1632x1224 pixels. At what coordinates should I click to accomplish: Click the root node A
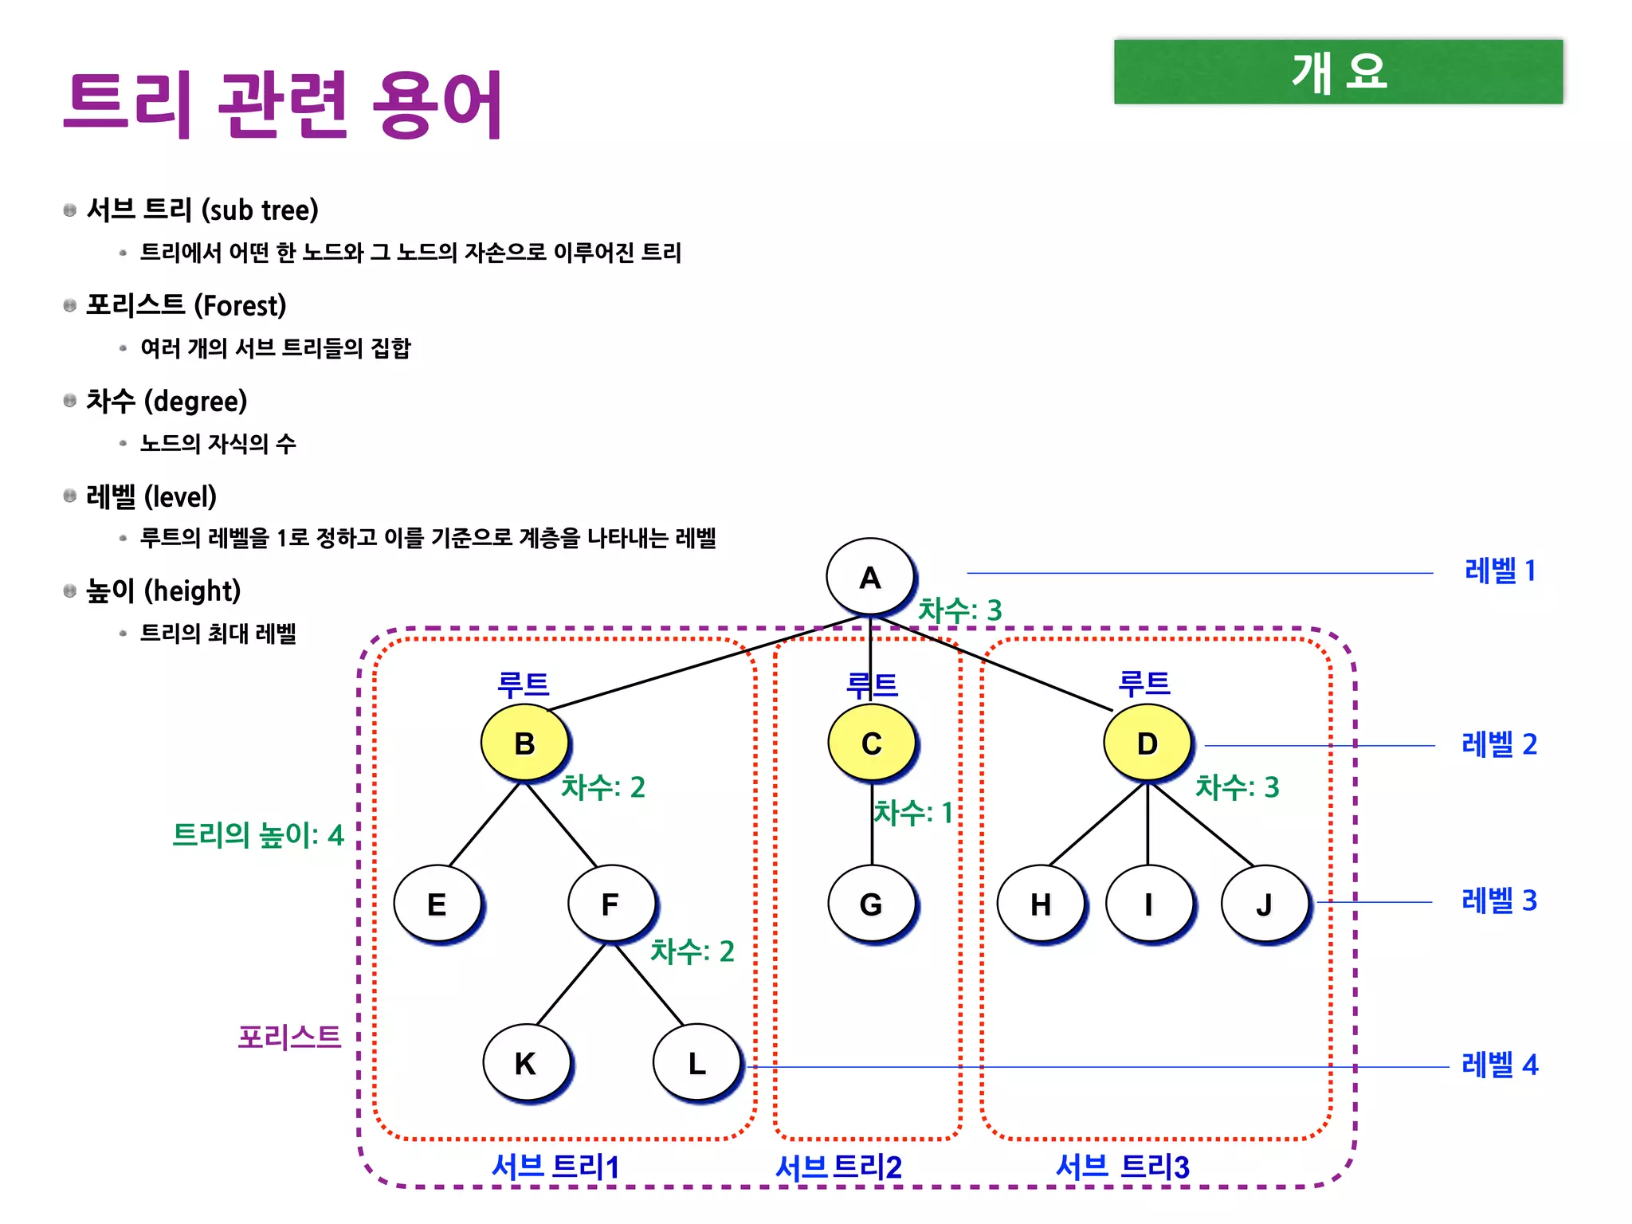[x=869, y=577]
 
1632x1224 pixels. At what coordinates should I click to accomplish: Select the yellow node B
[x=524, y=743]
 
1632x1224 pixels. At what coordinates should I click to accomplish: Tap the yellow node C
[x=872, y=743]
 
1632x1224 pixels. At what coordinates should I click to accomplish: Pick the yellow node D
[x=1147, y=743]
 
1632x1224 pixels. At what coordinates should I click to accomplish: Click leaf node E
[x=437, y=904]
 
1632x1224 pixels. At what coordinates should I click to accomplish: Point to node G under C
[x=871, y=904]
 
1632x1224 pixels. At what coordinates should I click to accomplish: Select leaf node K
[x=525, y=1063]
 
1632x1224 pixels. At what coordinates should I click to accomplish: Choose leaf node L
[x=696, y=1063]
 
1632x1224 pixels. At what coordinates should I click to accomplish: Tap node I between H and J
[x=1148, y=904]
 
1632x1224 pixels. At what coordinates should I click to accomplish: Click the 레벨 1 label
[x=1500, y=571]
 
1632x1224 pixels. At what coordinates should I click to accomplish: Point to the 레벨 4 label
[x=1500, y=1065]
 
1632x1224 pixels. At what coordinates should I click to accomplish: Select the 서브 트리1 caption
[x=555, y=1167]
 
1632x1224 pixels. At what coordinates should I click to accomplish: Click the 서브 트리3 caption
[x=1122, y=1167]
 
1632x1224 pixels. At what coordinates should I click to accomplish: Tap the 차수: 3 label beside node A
[x=959, y=610]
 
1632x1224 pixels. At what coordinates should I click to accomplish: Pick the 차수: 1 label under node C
[x=913, y=813]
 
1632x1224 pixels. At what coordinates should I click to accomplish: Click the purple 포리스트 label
[x=289, y=1037]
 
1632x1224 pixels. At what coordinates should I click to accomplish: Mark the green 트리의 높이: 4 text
[x=258, y=835]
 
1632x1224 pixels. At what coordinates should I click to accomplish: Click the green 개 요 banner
[x=1338, y=72]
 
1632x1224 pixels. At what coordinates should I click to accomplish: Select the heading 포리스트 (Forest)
[x=186, y=305]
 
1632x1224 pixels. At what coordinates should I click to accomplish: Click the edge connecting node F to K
[x=571, y=985]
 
